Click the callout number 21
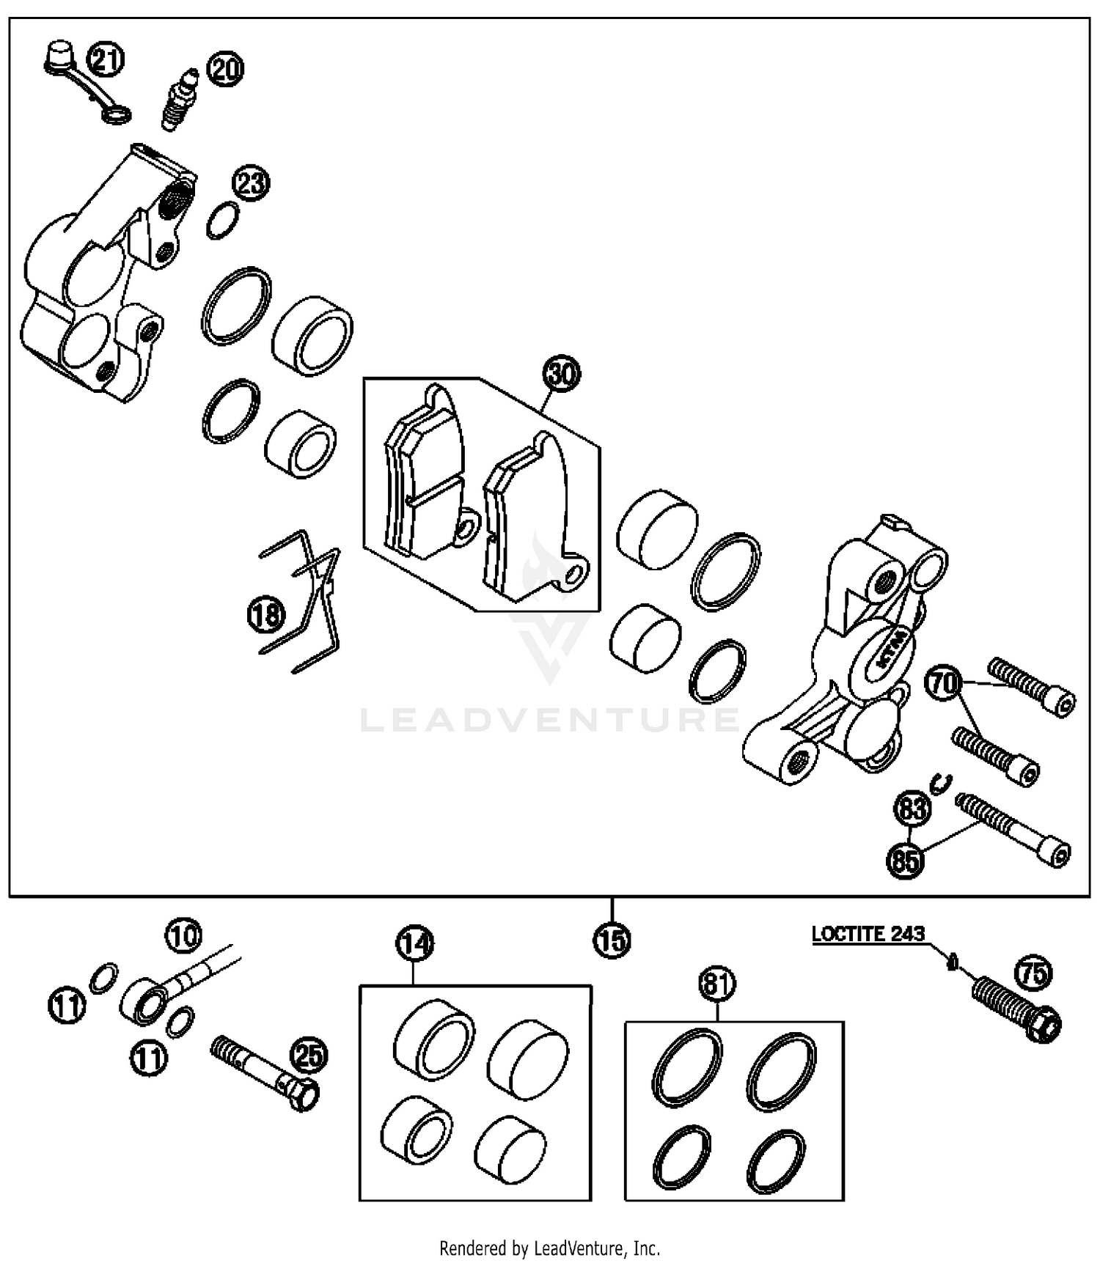pyautogui.click(x=106, y=59)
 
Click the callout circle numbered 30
pyautogui.click(x=561, y=375)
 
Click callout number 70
pyautogui.click(x=945, y=683)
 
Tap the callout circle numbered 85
pyautogui.click(x=906, y=860)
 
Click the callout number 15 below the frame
pyautogui.click(x=612, y=940)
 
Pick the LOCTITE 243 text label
pyautogui.click(x=868, y=935)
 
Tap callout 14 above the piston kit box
pyautogui.click(x=414, y=944)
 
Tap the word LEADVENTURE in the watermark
pyautogui.click(x=550, y=719)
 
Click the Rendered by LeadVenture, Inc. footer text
pyautogui.click(x=549, y=1247)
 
